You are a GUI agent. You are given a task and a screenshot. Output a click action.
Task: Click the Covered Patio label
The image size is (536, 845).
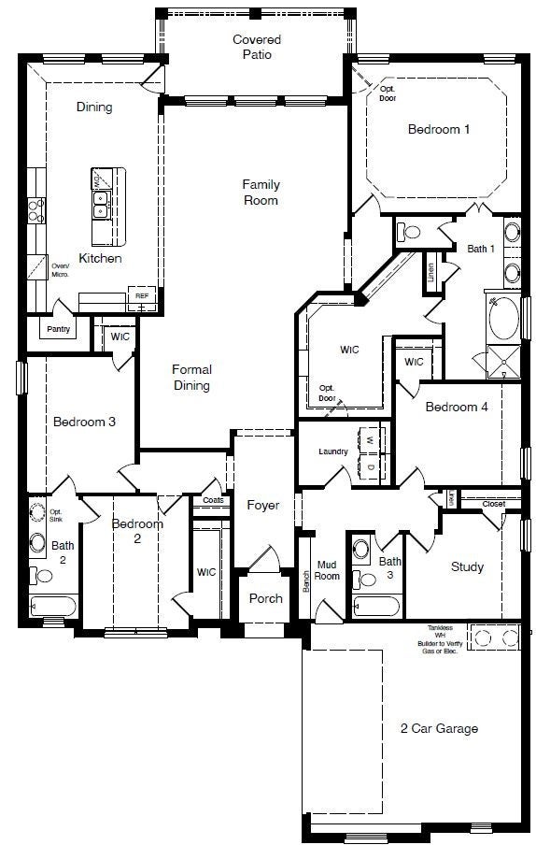click(x=257, y=48)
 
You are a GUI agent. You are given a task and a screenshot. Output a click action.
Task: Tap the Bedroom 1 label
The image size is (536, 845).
click(x=439, y=129)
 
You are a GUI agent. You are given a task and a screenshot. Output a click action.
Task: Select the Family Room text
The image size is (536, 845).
click(x=261, y=193)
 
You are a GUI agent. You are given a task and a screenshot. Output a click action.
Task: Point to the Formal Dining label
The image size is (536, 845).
click(x=191, y=378)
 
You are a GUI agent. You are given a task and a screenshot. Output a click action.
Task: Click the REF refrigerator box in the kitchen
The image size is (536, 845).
click(x=142, y=296)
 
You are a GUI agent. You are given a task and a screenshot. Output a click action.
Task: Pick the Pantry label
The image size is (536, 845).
click(x=59, y=329)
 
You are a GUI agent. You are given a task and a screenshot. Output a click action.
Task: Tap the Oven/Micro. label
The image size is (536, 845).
click(x=61, y=268)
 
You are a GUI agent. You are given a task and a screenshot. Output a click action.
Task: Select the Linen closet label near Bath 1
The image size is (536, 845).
click(x=430, y=271)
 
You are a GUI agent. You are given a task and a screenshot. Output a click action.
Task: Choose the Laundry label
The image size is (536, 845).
click(x=333, y=452)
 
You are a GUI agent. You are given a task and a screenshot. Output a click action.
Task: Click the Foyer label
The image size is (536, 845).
click(x=263, y=506)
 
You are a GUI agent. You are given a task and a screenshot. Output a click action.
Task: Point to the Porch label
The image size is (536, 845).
click(x=265, y=599)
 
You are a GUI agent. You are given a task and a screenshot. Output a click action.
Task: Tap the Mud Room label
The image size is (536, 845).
click(x=327, y=570)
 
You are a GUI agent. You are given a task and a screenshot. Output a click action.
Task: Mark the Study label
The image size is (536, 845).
click(x=467, y=566)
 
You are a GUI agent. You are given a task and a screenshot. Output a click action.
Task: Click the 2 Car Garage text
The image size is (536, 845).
click(x=439, y=728)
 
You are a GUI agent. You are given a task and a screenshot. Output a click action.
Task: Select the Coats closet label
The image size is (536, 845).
click(x=208, y=500)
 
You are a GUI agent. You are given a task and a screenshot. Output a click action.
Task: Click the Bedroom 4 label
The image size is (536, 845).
click(x=457, y=407)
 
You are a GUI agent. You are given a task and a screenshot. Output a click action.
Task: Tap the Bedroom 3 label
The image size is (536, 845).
click(x=84, y=422)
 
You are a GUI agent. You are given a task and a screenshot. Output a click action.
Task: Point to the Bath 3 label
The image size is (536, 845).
click(x=390, y=567)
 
